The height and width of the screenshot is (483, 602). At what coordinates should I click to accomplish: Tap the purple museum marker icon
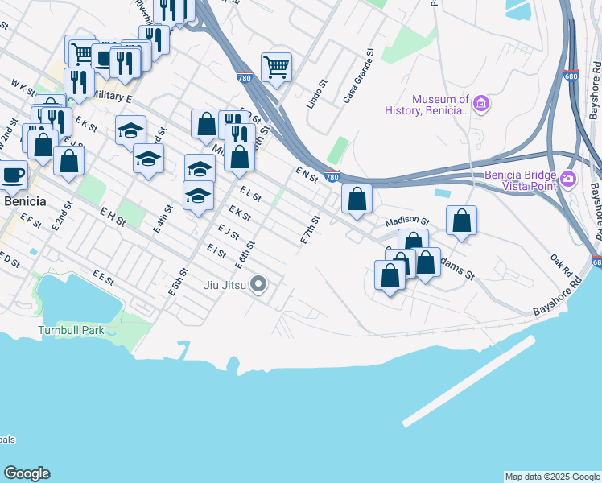[x=481, y=102]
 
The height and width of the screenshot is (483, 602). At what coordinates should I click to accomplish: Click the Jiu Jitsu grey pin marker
[x=258, y=284]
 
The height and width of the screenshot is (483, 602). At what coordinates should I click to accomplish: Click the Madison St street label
[x=406, y=221]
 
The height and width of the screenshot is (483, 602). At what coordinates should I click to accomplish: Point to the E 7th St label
[x=311, y=229]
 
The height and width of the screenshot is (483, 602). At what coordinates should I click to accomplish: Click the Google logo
[x=27, y=473]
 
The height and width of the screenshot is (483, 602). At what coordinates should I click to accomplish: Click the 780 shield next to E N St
[x=332, y=175]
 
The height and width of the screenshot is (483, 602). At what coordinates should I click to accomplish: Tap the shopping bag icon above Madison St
[x=357, y=198]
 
